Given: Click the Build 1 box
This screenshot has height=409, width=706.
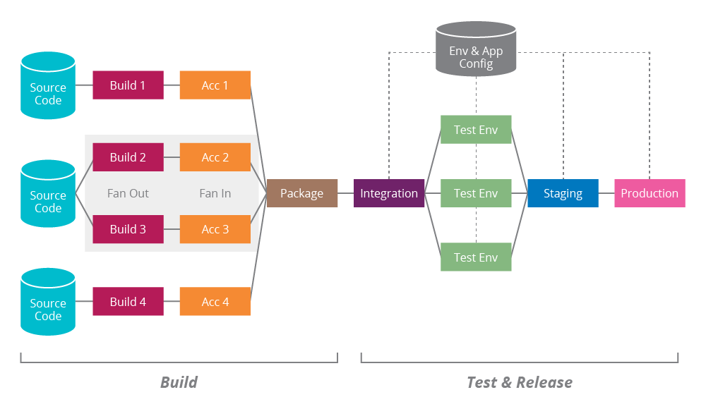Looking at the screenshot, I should [128, 85].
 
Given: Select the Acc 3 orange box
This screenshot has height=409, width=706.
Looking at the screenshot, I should [215, 229].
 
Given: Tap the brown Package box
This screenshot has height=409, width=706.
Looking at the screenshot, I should [301, 193].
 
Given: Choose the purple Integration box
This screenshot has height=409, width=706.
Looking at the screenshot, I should [389, 193].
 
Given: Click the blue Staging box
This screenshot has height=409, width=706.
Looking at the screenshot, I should [563, 193].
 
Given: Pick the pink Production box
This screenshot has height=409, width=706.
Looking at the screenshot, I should [650, 193].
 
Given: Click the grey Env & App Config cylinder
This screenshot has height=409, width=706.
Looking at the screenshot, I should [476, 51].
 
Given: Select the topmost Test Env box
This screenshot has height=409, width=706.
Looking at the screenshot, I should [476, 130].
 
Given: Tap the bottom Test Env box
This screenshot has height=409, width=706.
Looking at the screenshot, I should [476, 257].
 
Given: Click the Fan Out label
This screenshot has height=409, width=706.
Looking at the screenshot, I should [128, 193].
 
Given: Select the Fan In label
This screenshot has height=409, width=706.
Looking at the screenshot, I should [215, 193].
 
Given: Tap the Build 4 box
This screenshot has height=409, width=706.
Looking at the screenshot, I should [128, 302].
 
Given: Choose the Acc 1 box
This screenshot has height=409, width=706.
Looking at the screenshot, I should [215, 85].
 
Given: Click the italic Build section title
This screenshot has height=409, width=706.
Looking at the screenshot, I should [179, 382].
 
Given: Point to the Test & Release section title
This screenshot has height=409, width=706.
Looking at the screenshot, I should [519, 382].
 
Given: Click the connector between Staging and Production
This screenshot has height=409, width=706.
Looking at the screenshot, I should [606, 193].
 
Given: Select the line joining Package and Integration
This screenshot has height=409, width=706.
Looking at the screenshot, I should [345, 193].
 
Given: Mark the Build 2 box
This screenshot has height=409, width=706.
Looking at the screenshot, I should [128, 157].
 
